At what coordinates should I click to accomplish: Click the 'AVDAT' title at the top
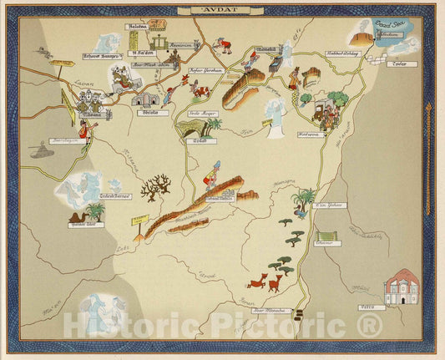coord(222,11)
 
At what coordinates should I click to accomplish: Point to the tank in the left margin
coord(38,150)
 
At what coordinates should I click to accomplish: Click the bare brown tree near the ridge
coord(153,189)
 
